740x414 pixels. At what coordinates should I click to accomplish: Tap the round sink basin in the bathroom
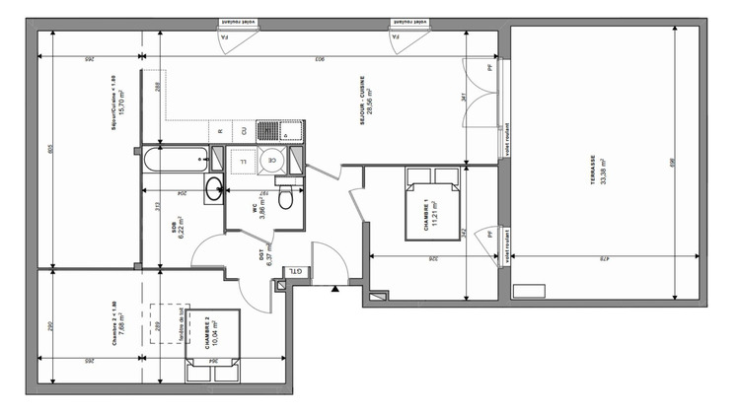pyautogui.click(x=215, y=189)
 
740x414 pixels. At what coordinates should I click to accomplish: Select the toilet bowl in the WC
pyautogui.click(x=285, y=200)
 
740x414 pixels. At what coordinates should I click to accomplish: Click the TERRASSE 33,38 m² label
pyautogui.click(x=596, y=169)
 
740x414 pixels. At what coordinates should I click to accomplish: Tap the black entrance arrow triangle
pyautogui.click(x=335, y=290)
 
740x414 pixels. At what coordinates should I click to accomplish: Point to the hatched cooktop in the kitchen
pyautogui.click(x=267, y=130)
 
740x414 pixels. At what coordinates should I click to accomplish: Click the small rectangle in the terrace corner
pyautogui.click(x=529, y=288)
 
